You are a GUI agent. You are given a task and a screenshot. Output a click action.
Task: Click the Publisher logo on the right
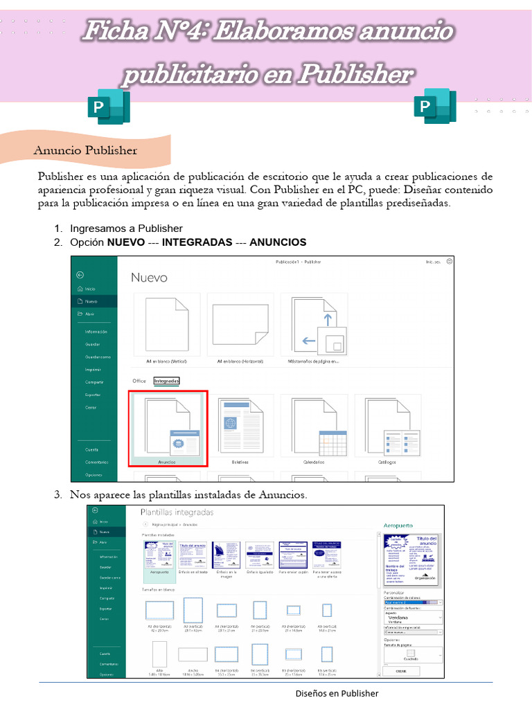point(434,107)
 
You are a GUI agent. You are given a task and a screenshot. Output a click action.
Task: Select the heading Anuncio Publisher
point(86,150)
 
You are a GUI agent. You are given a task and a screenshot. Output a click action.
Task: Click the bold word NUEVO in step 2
point(125,242)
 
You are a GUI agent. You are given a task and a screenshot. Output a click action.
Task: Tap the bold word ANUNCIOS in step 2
point(277,242)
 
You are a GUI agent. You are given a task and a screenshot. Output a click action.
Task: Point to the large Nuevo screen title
point(149,278)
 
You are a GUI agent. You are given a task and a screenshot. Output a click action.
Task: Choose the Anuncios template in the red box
point(168,428)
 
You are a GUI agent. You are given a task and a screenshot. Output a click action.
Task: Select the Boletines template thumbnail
point(240,428)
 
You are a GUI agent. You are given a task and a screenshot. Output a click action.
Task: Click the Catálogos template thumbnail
point(387,428)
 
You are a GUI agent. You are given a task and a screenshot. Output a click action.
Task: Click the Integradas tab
point(166,381)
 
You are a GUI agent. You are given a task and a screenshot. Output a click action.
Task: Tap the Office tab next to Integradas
point(139,381)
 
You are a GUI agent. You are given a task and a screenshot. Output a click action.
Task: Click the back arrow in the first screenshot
point(80,275)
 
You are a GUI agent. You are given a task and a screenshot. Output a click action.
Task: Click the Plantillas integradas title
point(177,512)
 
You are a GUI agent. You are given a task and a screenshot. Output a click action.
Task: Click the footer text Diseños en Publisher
point(337,693)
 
